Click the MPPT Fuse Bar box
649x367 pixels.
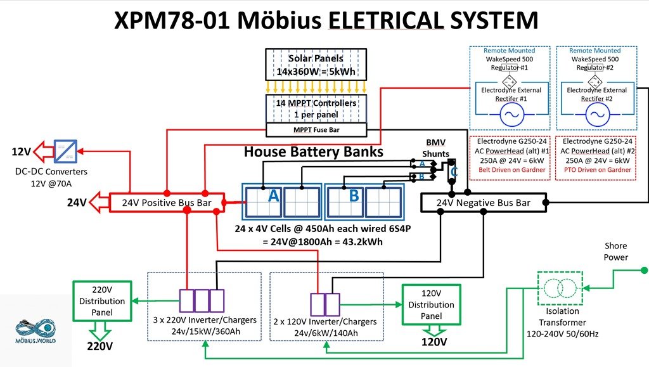pos(316,130)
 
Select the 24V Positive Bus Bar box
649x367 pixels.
pos(167,203)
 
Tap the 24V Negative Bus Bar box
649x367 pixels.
pos(484,203)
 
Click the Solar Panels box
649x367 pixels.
pos(316,65)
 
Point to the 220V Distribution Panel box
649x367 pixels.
pos(102,301)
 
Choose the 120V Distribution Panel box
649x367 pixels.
pos(431,304)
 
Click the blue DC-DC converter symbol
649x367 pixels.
pos(65,151)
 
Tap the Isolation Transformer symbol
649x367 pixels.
pos(560,288)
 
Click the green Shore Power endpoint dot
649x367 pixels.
pos(644,270)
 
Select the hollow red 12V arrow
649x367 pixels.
pos(43,151)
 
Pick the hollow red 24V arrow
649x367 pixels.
pos(100,202)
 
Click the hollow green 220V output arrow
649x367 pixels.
pos(100,331)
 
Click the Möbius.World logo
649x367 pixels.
pos(35,330)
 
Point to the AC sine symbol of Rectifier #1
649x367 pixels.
pos(512,115)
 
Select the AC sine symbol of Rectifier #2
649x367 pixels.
pos(598,115)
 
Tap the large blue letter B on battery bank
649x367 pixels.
pos(354,195)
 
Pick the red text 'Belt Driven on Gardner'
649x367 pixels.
pos(512,170)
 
